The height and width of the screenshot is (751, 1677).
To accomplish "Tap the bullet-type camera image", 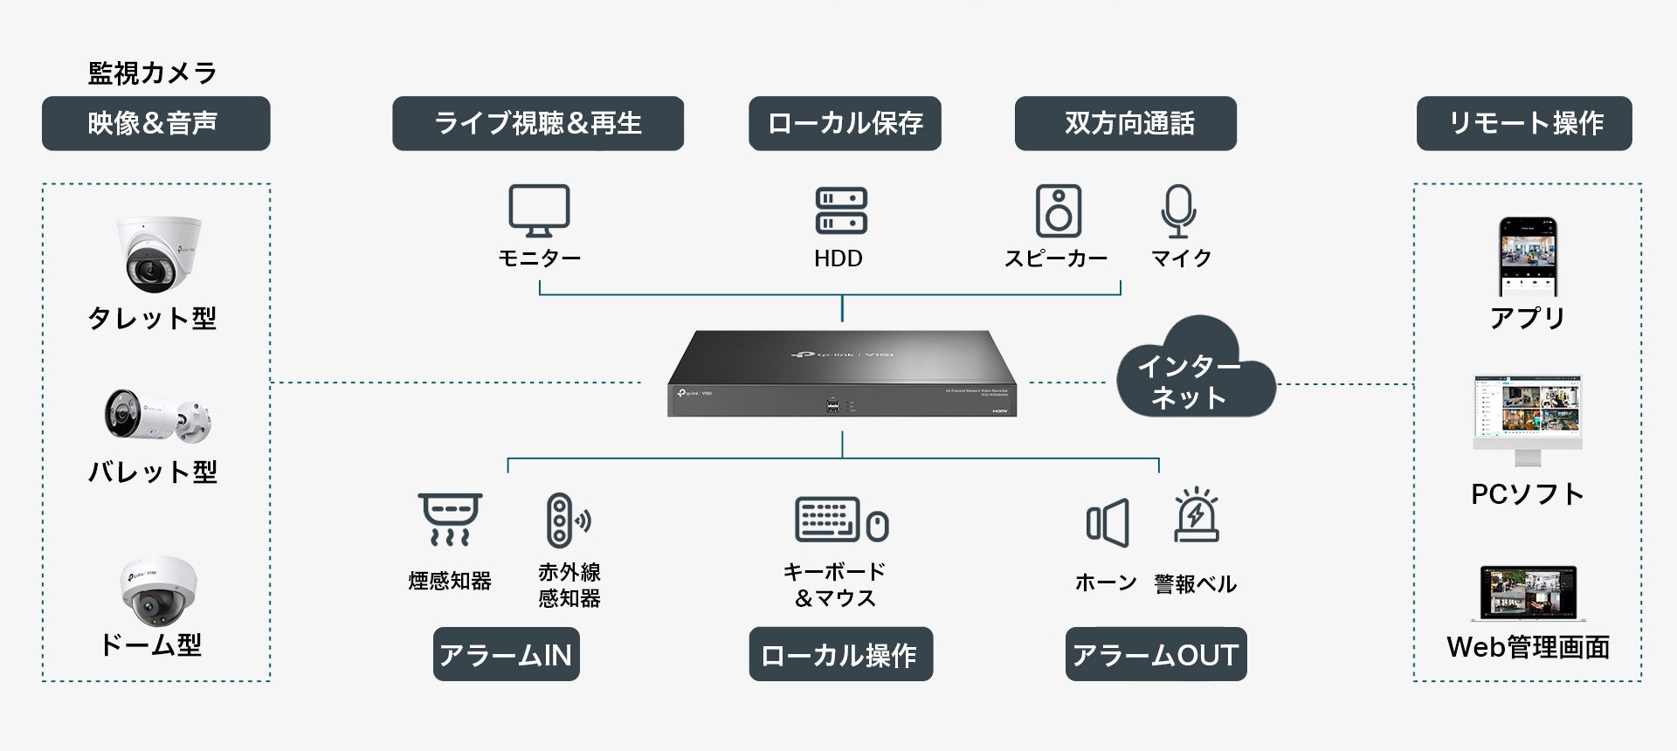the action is coord(157,417).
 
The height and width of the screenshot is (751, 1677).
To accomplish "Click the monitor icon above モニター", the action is coord(539,210).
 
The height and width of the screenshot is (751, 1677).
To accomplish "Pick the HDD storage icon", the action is coord(840,210).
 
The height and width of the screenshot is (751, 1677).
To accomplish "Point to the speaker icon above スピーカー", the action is coord(1058,210).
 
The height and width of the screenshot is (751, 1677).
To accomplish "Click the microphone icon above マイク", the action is coord(1178,210).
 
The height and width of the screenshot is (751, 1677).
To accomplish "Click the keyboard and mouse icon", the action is coord(841,520).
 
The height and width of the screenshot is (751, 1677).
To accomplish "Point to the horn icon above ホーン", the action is coord(1108,523).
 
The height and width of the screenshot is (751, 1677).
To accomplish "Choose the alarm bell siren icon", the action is coord(1196,515).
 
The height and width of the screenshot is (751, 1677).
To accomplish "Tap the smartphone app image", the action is coord(1528,257).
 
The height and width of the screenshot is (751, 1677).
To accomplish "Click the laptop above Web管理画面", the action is coord(1528,594).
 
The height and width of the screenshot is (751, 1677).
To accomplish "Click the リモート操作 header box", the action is coord(1524,123).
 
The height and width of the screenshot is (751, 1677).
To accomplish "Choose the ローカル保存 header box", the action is coord(845,123).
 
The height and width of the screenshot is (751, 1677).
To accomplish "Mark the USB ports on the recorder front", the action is coord(832,405).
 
